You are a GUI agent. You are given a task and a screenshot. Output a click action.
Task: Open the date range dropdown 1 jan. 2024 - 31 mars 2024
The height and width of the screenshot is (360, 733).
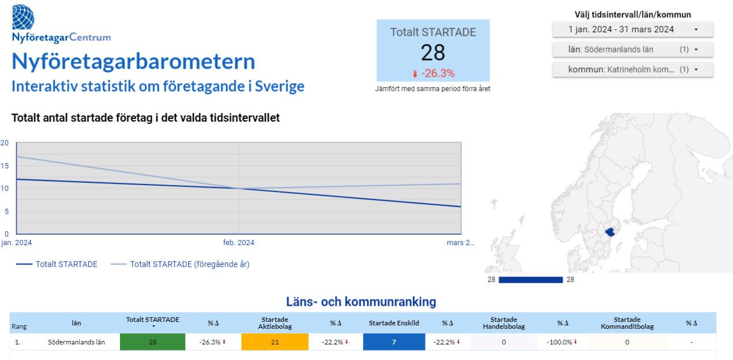click(633, 29)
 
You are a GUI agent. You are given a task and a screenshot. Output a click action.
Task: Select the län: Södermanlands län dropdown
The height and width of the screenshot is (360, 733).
click(633, 50)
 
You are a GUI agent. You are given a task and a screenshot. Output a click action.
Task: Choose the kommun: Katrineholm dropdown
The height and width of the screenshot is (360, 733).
click(633, 69)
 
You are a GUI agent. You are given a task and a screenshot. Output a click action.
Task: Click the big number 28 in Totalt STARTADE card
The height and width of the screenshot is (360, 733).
click(433, 52)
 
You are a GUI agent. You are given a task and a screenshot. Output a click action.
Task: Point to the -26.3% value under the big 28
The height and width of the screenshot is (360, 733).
click(433, 73)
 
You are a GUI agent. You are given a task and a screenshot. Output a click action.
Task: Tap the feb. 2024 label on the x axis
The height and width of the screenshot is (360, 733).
click(239, 243)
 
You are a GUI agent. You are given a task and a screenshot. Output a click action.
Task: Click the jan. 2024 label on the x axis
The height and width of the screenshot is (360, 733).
click(17, 243)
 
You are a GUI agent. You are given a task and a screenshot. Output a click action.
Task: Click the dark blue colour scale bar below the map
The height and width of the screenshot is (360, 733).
click(530, 280)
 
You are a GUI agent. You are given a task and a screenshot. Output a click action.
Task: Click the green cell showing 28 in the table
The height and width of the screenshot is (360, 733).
click(153, 342)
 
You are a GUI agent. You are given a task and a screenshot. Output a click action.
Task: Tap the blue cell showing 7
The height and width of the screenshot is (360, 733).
click(394, 342)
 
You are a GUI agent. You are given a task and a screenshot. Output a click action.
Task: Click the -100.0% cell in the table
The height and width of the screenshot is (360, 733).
click(560, 342)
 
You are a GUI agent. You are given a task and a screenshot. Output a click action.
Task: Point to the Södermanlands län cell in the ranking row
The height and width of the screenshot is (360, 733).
click(76, 342)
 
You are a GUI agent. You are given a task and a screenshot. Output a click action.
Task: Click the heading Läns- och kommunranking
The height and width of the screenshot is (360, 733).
click(361, 302)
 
